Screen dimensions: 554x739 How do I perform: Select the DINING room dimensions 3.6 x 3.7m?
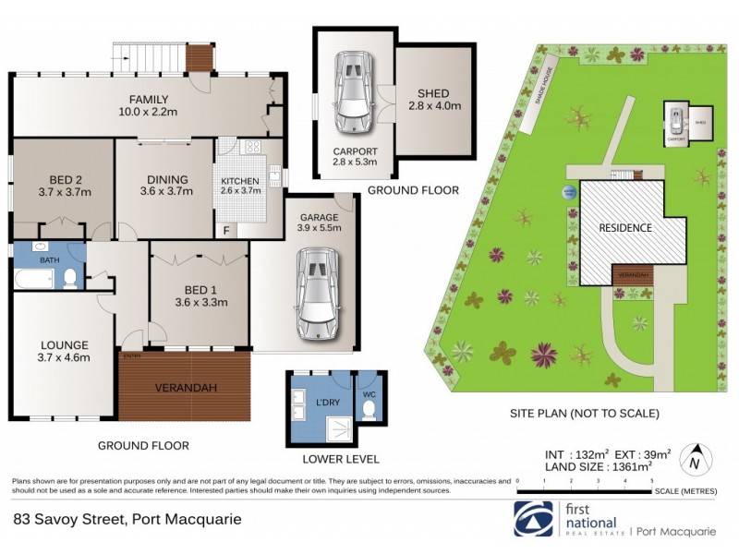(166, 192)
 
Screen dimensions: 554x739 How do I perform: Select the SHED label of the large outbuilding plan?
(432, 94)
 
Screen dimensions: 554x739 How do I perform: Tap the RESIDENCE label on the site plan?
(624, 227)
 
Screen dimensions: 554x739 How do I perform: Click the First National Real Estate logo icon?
(532, 518)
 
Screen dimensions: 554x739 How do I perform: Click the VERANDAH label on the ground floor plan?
(185, 388)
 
